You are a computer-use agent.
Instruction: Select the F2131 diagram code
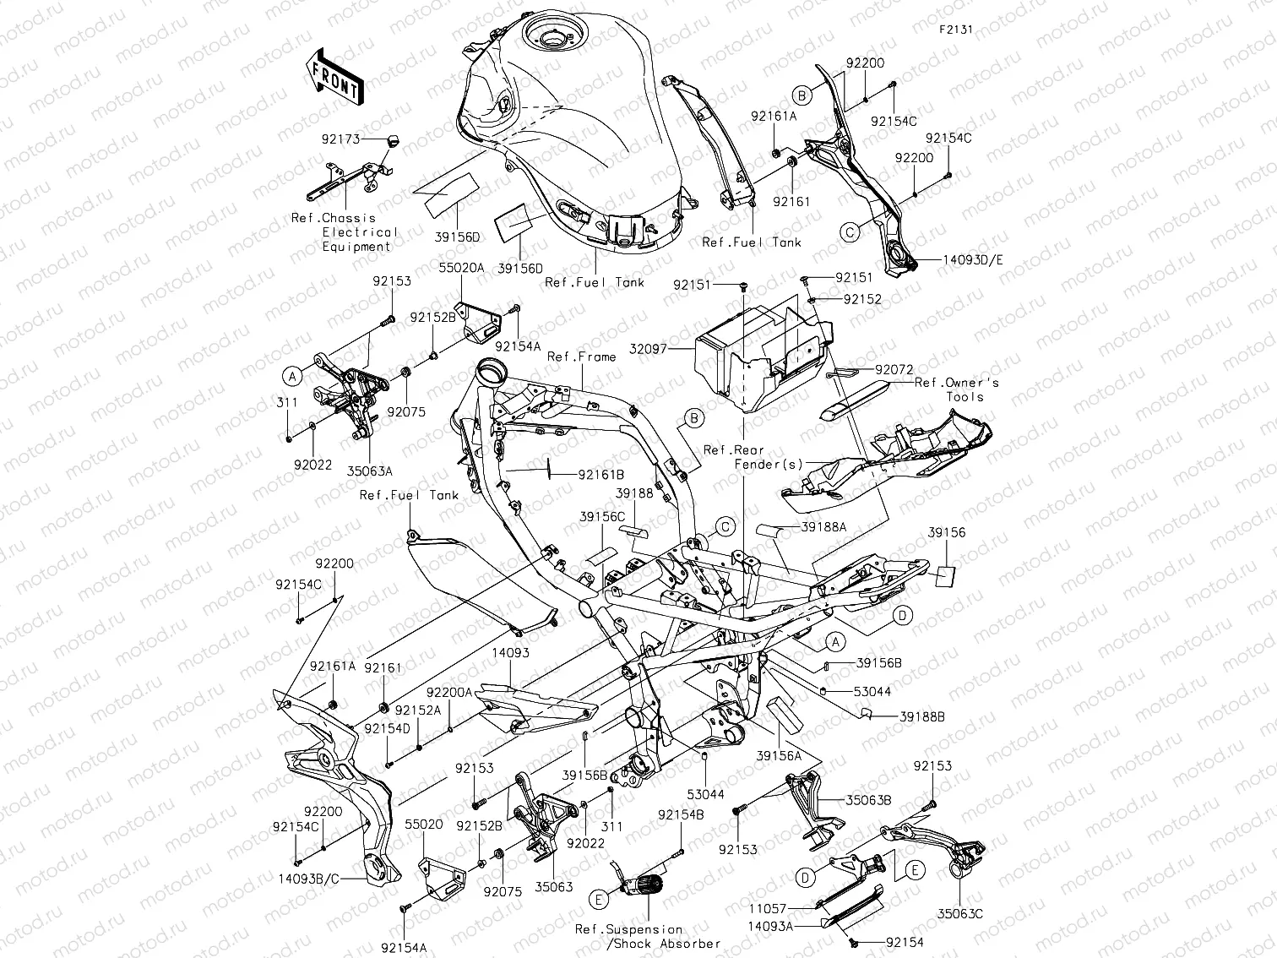[x=956, y=29]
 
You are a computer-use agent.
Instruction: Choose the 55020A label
[x=461, y=269]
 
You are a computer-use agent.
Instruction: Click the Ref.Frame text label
[x=582, y=357]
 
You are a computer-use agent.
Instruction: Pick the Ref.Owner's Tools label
[x=957, y=389]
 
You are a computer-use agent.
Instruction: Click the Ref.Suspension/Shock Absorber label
[x=648, y=936]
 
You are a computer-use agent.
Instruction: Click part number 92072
[x=894, y=369]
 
